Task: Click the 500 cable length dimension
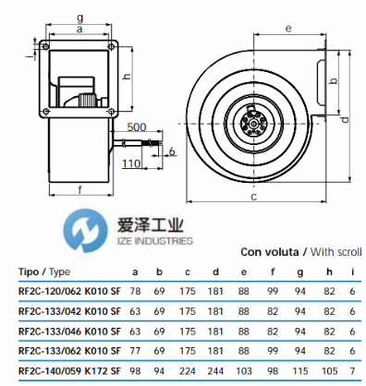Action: (137, 127)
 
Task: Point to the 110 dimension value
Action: (131, 163)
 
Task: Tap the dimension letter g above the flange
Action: (79, 18)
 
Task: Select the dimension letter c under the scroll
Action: (253, 197)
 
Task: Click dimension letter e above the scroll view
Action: (288, 29)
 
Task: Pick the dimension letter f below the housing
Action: (80, 189)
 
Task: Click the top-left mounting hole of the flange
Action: (45, 46)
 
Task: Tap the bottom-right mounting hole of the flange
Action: (111, 111)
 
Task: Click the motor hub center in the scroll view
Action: (253, 124)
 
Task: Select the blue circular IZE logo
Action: (86, 231)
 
